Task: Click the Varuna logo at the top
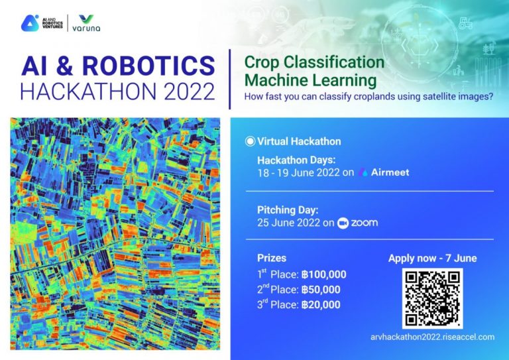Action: coord(86,23)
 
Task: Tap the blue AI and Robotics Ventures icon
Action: coord(30,23)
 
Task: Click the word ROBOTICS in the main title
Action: coord(148,66)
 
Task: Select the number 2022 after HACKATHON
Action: coord(190,91)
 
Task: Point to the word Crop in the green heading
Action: coord(261,62)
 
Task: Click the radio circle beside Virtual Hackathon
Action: coord(250,141)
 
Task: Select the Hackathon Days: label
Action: coord(296,160)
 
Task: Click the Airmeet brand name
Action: coord(390,172)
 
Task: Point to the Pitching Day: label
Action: coord(288,210)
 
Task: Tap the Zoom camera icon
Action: coord(343,223)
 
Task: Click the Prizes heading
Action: coord(272,258)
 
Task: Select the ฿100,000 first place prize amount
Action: coord(323,274)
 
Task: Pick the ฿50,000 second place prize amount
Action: coord(321,290)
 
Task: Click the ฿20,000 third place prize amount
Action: coord(321,304)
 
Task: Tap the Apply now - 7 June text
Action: coord(432,259)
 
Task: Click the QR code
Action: coord(432,298)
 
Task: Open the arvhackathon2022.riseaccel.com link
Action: coord(432,337)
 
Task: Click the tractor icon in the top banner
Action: coord(465,23)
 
